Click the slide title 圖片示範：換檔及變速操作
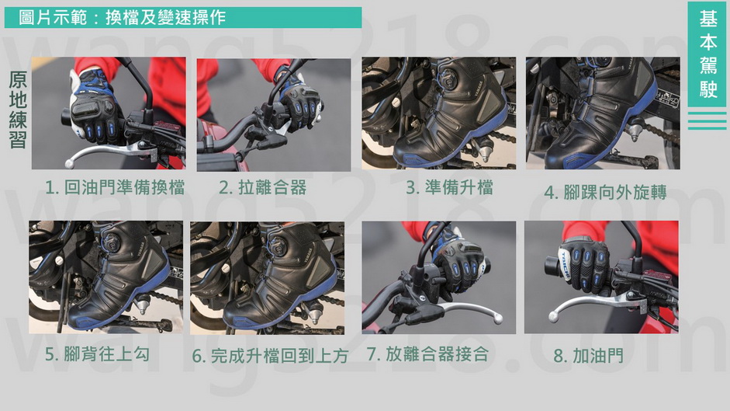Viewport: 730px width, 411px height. click(122, 18)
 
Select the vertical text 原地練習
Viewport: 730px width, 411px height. click(18, 110)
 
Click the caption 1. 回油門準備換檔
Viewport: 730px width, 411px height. click(115, 187)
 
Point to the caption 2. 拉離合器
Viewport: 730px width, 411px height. click(262, 187)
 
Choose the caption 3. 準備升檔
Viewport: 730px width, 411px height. click(449, 187)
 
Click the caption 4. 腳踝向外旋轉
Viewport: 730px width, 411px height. click(605, 192)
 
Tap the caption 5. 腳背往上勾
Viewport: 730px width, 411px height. click(97, 354)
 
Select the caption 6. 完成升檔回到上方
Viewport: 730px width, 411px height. click(270, 356)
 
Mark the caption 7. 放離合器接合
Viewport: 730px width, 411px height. click(427, 354)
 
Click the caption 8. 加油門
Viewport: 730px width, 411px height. click(589, 356)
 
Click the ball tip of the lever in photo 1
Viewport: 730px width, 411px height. click(69, 164)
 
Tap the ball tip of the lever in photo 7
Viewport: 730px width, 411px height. click(498, 319)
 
